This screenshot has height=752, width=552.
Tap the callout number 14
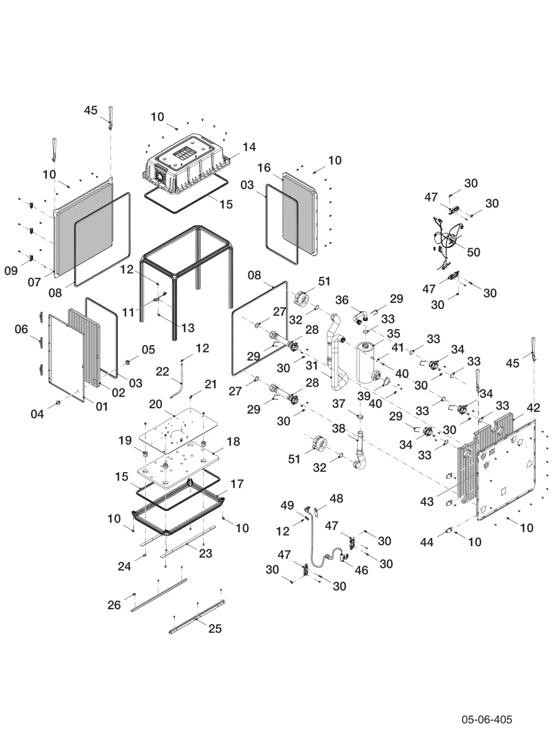(x=250, y=147)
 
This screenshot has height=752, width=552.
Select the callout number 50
(x=474, y=252)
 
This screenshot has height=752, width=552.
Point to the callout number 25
(x=215, y=628)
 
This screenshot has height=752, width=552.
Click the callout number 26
(x=114, y=605)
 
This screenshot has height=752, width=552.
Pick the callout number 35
(x=394, y=333)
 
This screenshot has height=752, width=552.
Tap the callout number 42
(x=534, y=408)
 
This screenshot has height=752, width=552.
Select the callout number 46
(x=362, y=570)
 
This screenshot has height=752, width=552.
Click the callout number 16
(x=264, y=168)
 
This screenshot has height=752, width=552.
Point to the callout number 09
(x=11, y=270)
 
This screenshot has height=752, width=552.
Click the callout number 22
(x=163, y=372)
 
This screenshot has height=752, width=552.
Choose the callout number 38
(x=339, y=428)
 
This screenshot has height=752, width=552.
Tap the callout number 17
(x=237, y=484)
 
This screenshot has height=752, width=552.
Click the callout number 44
(x=427, y=542)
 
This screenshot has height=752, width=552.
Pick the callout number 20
(x=156, y=404)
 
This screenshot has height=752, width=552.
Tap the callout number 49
(x=287, y=505)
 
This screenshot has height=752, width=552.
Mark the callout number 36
(x=342, y=300)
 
